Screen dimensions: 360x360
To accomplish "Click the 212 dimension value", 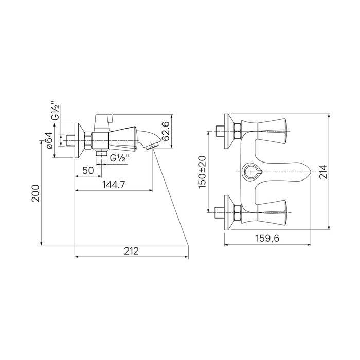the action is pos(131,251).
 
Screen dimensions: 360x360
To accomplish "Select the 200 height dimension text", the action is pos(35,193).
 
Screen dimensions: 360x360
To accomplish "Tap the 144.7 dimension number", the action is pos(114,184).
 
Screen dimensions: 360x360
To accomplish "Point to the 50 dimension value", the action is pos(88,170).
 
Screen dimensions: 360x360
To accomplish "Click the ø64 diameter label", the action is pos(50,140).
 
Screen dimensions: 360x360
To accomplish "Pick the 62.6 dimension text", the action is pos(166,131).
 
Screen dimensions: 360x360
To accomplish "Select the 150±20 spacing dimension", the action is pos(202,172).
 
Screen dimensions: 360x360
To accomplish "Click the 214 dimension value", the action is pos(323,172).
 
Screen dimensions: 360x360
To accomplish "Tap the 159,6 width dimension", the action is pos(267,238).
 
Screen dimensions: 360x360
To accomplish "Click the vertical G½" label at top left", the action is pos(56,111).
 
